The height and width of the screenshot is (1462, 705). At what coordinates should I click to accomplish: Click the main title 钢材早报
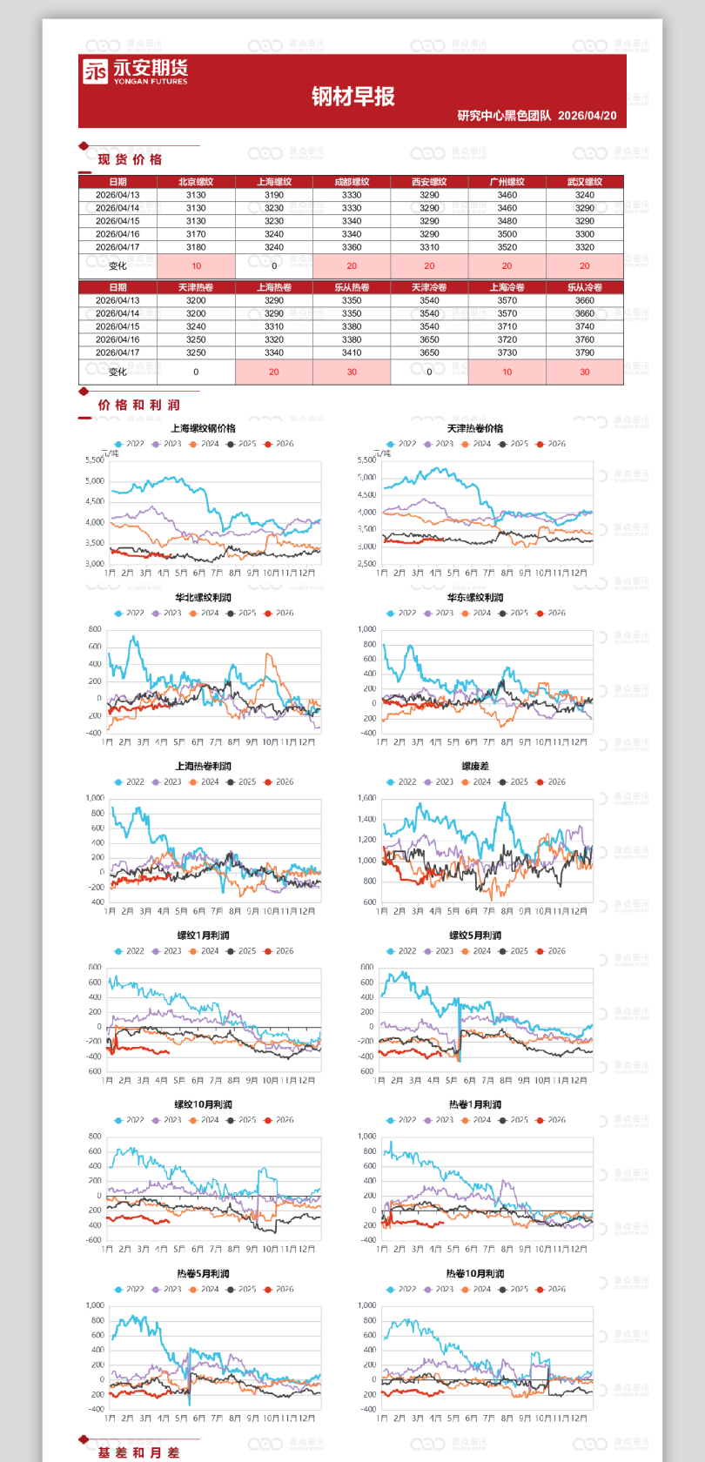(x=352, y=97)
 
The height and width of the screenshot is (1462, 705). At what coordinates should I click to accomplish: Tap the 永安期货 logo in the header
(x=135, y=71)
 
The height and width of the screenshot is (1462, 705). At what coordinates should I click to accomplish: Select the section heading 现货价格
(x=130, y=159)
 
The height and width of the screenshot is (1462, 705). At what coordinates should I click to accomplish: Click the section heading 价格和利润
(x=138, y=405)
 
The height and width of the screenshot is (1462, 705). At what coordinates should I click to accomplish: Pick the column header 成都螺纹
(x=352, y=182)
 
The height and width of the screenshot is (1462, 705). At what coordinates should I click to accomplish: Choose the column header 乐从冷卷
(x=585, y=287)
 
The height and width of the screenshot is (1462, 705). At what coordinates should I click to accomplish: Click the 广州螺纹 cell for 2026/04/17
(x=507, y=247)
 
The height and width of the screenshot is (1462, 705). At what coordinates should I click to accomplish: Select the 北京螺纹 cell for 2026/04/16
(x=196, y=234)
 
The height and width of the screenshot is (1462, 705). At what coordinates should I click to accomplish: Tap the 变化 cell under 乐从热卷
(x=352, y=372)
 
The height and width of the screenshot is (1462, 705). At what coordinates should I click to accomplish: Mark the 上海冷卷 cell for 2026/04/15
(x=507, y=326)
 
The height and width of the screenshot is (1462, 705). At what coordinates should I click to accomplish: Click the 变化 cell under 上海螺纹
(x=274, y=266)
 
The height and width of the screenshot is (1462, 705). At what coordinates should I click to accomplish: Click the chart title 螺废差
(x=475, y=767)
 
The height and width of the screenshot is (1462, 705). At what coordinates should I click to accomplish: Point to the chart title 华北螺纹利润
(x=203, y=598)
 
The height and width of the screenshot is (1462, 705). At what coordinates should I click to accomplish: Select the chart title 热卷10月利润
(x=475, y=1273)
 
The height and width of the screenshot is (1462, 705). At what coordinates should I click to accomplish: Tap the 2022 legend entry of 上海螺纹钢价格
(x=130, y=444)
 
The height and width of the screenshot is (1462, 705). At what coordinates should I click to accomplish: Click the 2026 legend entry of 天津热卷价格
(x=551, y=444)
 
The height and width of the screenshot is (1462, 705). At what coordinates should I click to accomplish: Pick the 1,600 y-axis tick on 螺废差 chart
(x=367, y=798)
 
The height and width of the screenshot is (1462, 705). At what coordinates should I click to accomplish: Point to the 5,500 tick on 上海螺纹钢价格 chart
(x=95, y=459)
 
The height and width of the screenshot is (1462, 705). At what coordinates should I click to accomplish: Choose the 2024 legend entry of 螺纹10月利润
(x=205, y=1120)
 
